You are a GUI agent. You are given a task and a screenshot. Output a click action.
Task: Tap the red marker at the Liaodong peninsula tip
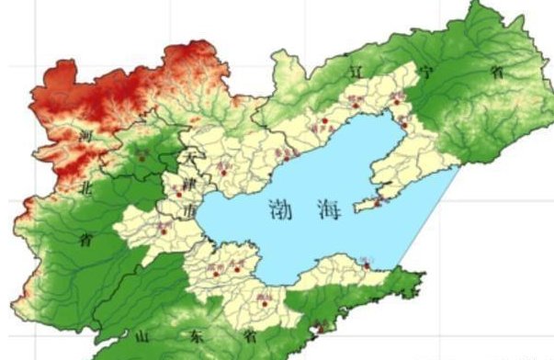373,204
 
